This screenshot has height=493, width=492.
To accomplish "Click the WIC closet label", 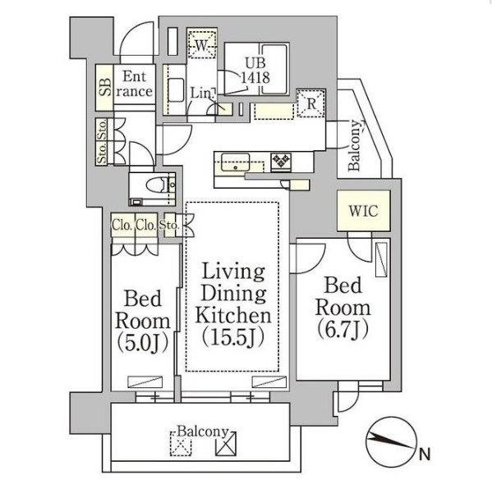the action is [x=363, y=211].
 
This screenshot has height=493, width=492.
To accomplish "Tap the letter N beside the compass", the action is [x=425, y=454].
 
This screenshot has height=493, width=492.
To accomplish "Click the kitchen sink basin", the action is [x=235, y=162].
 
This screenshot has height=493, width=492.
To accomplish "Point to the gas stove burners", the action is [x=281, y=161].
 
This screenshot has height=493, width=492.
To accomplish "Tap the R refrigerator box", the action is [x=310, y=103].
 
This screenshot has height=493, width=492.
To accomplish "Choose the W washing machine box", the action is [x=201, y=45].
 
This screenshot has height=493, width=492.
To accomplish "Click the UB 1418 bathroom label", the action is [x=255, y=70].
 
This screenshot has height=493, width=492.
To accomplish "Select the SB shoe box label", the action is [x=105, y=87].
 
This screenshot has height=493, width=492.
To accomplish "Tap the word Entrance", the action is [x=135, y=84].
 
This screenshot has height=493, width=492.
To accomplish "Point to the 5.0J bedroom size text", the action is [x=143, y=343].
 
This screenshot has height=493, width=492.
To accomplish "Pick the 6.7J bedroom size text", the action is [x=343, y=330].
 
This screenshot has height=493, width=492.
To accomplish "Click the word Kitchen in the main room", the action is [x=233, y=315].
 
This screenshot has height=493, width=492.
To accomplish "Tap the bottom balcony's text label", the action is [x=203, y=432].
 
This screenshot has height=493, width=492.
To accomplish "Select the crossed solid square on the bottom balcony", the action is [x=226, y=444].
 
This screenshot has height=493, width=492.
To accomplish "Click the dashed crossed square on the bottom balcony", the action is [x=181, y=444].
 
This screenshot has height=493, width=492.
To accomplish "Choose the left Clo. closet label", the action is [x=122, y=225].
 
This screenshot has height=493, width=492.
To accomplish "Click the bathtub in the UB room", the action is [x=274, y=69].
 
